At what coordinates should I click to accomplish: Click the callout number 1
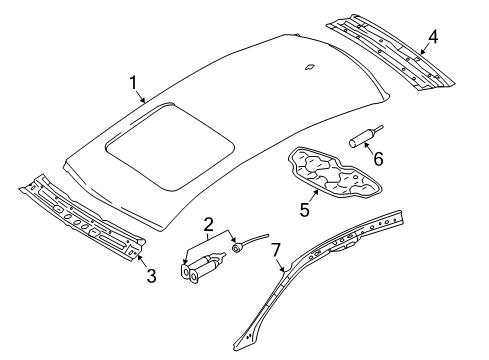pos(130,83)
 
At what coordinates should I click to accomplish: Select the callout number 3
pos(150,275)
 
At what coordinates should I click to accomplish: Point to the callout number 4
pos(432,39)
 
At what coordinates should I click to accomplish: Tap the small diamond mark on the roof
pos(312,68)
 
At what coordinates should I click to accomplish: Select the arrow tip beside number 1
pos(147,103)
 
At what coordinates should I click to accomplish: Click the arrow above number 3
pos(139,257)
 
